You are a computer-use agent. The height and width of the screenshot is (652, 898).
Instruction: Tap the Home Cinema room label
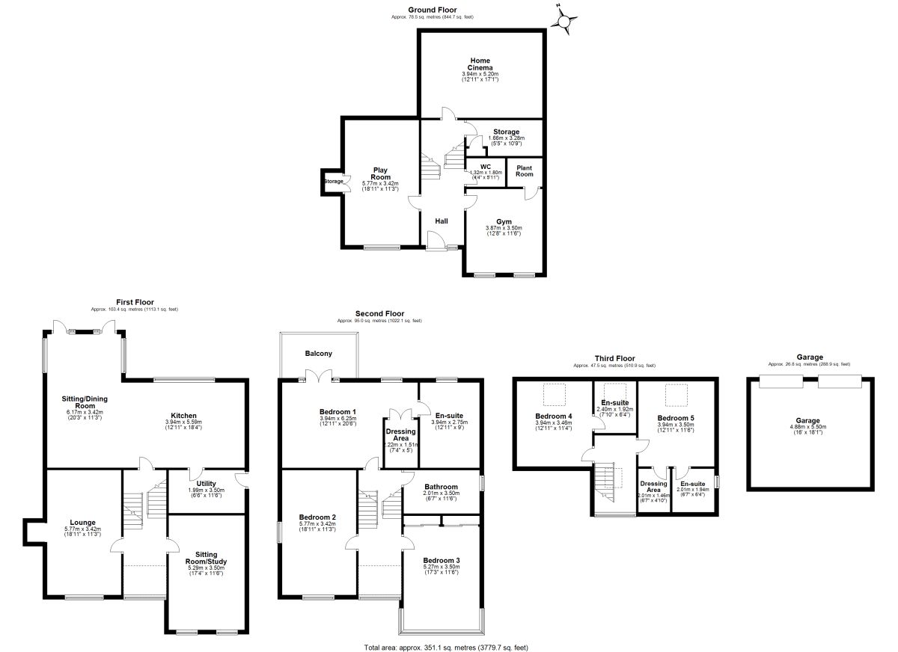coord(480,64)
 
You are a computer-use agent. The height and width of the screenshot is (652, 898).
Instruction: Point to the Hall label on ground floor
coord(442,221)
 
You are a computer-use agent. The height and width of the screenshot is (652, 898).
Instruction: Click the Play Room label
coord(382,173)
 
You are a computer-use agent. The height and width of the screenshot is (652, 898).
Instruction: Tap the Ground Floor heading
coord(432,10)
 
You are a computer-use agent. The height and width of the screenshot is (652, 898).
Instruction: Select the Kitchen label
coord(183,415)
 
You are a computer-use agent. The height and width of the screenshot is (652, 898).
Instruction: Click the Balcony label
coord(318,354)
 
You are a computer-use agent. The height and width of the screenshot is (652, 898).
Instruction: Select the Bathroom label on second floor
coord(441,487)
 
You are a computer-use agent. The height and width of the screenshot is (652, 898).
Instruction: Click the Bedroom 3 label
coord(441,560)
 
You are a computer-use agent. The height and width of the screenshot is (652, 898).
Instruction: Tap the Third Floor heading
coord(614,359)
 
